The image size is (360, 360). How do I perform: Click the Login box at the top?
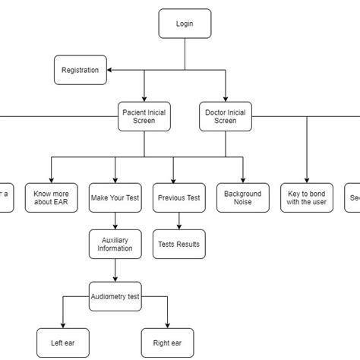(x=185, y=24)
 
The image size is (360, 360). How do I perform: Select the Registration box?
(x=81, y=71)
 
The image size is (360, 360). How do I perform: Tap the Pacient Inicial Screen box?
(x=144, y=116)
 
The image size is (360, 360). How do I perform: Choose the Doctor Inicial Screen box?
(x=226, y=116)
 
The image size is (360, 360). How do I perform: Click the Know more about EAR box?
(x=51, y=197)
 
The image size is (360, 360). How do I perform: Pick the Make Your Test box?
(x=115, y=197)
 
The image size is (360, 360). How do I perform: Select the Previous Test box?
(x=179, y=197)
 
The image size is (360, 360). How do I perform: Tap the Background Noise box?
(x=243, y=197)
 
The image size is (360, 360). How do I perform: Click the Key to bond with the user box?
(x=308, y=197)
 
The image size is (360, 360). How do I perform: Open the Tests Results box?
(x=179, y=244)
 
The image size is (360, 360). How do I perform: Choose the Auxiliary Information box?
(x=115, y=244)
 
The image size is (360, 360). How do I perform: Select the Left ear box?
(x=62, y=343)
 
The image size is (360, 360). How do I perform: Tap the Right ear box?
(x=168, y=343)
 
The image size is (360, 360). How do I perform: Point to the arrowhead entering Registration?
(x=110, y=71)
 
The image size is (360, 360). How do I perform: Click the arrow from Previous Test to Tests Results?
(x=179, y=220)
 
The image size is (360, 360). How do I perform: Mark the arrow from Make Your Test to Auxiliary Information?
(x=115, y=220)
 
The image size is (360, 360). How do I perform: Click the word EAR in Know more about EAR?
(x=61, y=203)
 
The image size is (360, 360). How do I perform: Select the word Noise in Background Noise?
(x=243, y=203)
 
